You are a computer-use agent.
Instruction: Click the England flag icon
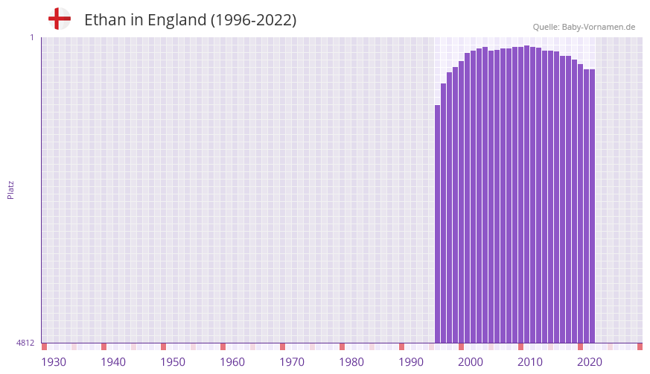click(59, 19)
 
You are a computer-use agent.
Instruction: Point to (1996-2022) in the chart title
click(253, 20)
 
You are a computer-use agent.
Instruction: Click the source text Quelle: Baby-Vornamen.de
click(584, 27)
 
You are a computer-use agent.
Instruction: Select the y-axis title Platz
click(10, 189)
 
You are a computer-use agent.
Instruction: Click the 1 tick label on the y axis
click(31, 37)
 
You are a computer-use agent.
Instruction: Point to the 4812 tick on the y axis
click(25, 343)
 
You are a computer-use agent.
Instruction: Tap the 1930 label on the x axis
click(54, 362)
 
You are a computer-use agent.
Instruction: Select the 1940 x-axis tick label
click(113, 362)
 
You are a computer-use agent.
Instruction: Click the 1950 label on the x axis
click(173, 362)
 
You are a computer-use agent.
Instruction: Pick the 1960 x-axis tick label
click(232, 362)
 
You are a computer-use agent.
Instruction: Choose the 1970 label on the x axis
click(292, 362)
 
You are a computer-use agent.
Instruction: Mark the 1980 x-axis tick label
click(351, 362)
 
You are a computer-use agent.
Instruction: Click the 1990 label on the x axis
click(411, 362)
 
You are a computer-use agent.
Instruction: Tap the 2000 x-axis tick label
click(471, 362)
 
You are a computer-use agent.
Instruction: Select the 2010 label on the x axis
click(530, 362)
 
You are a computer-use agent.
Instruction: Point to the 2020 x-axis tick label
click(590, 362)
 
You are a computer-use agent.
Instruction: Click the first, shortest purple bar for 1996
click(438, 224)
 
